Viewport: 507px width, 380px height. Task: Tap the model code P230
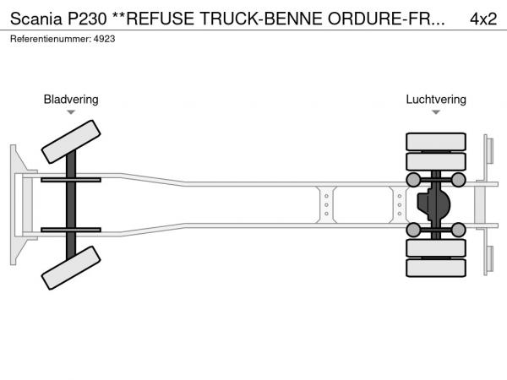click(87, 19)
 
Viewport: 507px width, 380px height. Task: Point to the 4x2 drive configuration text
click(483, 19)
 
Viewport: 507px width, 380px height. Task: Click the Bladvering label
click(71, 100)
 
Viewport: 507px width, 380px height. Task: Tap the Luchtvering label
click(436, 100)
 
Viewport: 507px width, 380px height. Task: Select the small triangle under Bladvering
click(71, 112)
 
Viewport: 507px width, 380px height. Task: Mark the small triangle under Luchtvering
click(436, 112)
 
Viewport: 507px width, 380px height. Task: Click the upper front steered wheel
click(71, 141)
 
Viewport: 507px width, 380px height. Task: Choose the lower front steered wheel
click(71, 272)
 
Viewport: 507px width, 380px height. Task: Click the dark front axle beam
click(72, 205)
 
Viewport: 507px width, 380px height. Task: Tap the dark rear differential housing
click(435, 204)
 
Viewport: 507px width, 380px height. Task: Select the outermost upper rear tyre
click(436, 140)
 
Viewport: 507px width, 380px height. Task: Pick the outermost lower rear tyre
click(436, 268)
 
